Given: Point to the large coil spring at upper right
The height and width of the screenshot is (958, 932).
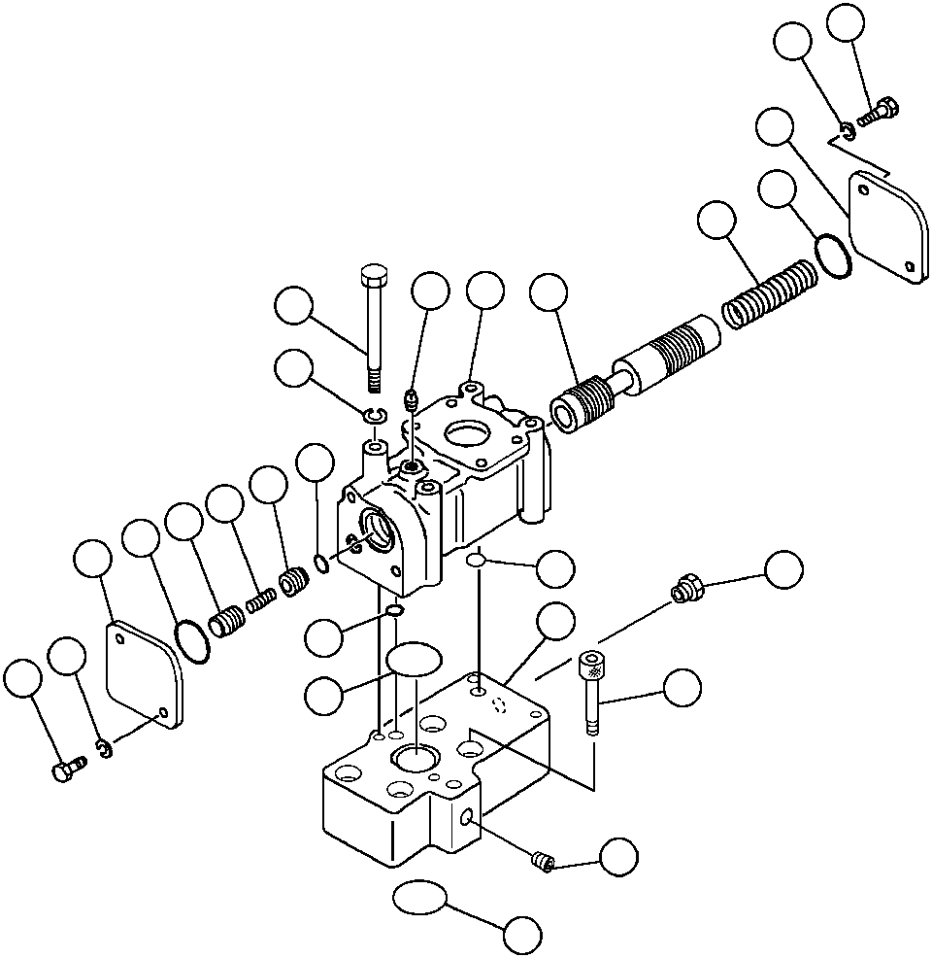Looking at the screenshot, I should (x=772, y=291).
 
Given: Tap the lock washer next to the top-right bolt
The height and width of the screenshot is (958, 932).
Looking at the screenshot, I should (x=848, y=129).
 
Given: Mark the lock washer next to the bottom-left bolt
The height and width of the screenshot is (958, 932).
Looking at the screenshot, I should (x=104, y=748).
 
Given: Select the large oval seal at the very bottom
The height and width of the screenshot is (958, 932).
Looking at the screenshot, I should (x=418, y=898).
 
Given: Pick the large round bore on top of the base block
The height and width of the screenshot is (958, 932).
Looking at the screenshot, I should (x=413, y=762).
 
